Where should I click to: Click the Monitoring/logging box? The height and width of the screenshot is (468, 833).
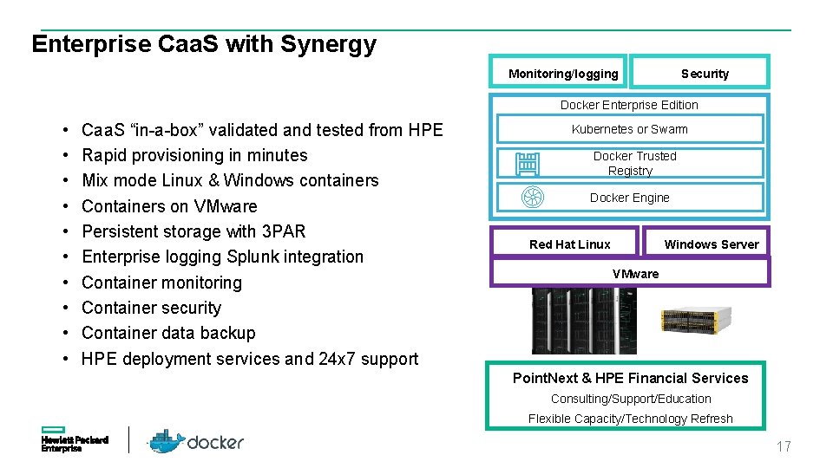pos(563,74)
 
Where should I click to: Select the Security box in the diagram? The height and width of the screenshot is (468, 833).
pos(699,74)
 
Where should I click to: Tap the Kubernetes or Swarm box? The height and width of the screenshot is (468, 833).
pos(629,129)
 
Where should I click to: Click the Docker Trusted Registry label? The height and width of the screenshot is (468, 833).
pos(633,163)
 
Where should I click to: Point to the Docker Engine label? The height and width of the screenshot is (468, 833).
pos(629,198)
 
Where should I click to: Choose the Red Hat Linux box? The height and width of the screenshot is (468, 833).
pos(569,244)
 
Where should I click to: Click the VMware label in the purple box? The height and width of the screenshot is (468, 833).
pos(635,274)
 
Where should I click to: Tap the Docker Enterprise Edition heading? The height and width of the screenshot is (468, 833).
pos(629,105)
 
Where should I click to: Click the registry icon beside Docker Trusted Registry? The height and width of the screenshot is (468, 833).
pos(528,164)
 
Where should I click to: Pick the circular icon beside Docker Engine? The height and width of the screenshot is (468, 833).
pos(531,198)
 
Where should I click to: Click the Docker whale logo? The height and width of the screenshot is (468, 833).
pos(166,441)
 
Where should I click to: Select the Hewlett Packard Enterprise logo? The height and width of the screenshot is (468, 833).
pos(75,439)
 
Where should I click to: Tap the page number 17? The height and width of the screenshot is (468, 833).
pos(784,447)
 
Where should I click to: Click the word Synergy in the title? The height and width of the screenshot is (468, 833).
pos(328,44)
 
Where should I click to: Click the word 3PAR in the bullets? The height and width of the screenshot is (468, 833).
pos(283,231)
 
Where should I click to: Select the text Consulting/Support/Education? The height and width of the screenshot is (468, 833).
pos(631,399)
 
